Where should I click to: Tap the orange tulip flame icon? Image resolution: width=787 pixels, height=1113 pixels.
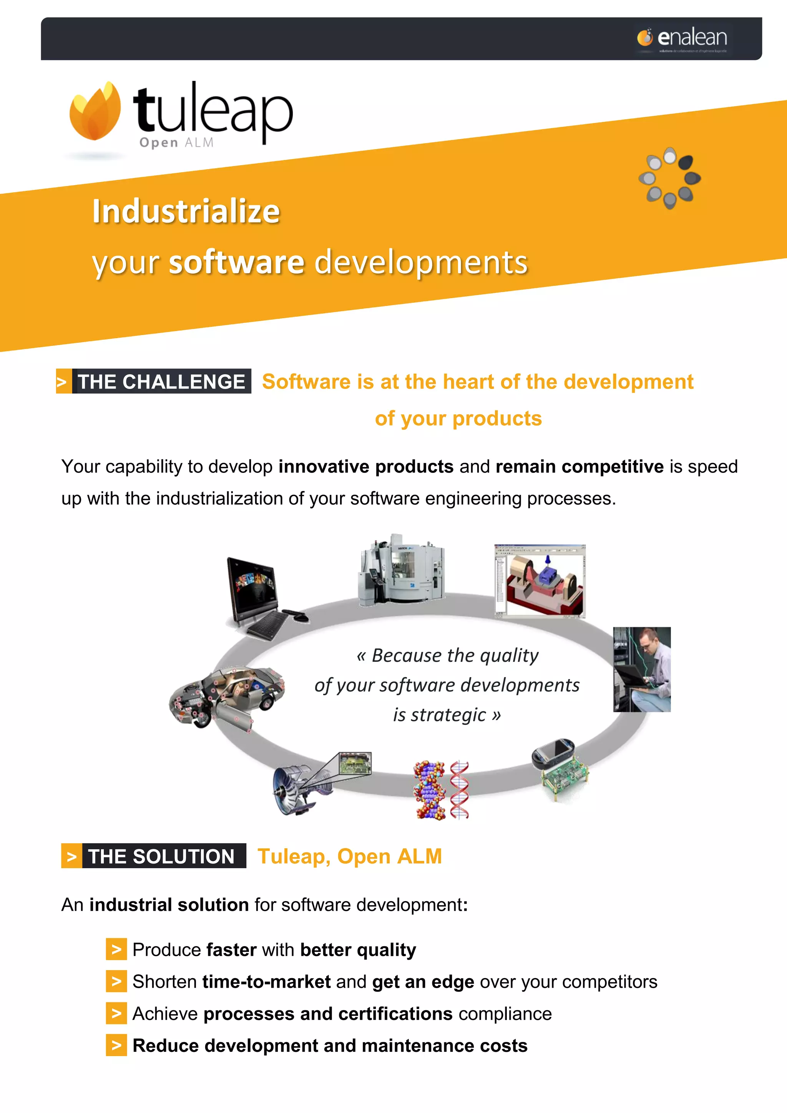(95, 111)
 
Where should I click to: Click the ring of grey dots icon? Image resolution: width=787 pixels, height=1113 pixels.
(670, 178)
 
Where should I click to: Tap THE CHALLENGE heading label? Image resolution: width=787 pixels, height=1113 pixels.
(161, 382)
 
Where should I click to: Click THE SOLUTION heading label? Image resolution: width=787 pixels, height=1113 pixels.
(161, 856)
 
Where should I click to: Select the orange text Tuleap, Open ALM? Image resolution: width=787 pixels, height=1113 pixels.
(349, 856)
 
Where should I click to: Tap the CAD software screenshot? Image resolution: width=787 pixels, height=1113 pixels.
(540, 581)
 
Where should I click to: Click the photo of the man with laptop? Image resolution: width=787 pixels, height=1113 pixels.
(642, 669)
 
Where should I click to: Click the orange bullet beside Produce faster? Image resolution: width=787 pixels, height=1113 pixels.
(116, 949)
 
